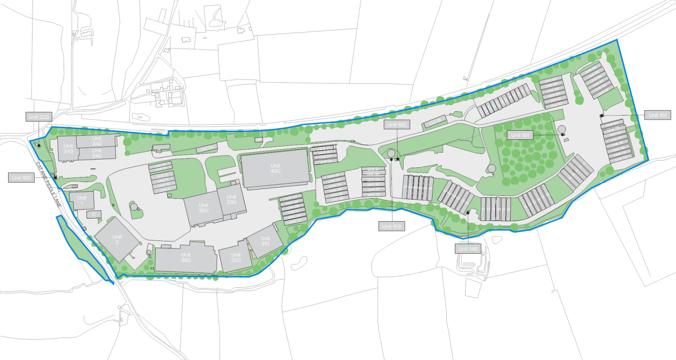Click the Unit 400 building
click(x=275, y=169)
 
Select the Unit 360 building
click(x=186, y=258)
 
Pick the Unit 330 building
click(x=232, y=200)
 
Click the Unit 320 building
click(x=235, y=257)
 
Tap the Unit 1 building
click(x=81, y=201)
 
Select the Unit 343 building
click(x=68, y=148)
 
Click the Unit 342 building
click(x=97, y=141)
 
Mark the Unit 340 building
click(x=97, y=153)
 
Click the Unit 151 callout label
click(x=658, y=115)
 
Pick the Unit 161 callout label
click(x=520, y=135)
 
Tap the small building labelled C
click(x=93, y=215)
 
